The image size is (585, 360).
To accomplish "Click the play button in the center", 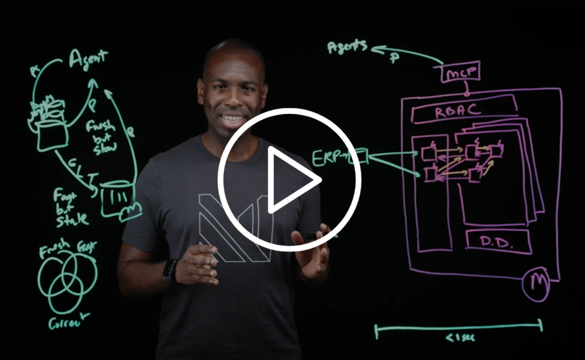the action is (289, 180).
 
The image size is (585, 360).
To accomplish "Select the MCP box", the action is (460, 72).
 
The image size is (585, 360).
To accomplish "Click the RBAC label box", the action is (463, 110).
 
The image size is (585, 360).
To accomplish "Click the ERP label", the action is (327, 158).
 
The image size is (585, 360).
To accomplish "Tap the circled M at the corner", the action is (536, 285).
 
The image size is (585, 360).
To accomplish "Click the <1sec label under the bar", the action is (460, 338).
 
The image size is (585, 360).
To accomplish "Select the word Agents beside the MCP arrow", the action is (347, 46).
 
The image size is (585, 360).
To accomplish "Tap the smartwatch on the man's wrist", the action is (170, 270).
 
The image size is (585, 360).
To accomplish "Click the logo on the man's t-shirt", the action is (229, 228).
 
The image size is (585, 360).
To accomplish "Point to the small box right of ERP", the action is (361, 156).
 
